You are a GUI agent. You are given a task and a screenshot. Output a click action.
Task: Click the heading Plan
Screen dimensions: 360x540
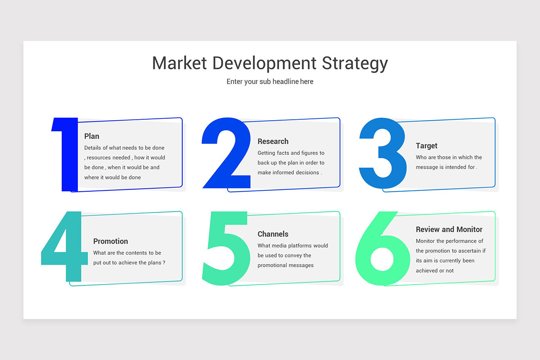92,136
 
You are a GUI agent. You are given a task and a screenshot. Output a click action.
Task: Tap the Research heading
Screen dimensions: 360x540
273,141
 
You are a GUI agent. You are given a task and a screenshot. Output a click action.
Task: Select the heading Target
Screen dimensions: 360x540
427,146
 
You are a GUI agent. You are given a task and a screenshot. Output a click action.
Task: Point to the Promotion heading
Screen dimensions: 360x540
111,241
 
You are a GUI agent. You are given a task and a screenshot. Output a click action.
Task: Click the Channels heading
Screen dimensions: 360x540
273,234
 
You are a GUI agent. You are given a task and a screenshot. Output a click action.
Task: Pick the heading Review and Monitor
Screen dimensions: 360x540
449,229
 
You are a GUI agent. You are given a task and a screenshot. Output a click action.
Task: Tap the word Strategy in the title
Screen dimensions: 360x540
355,64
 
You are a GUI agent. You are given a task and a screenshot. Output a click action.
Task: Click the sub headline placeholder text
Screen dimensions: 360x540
270,82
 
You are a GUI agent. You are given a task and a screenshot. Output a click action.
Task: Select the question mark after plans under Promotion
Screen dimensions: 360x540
164,263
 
